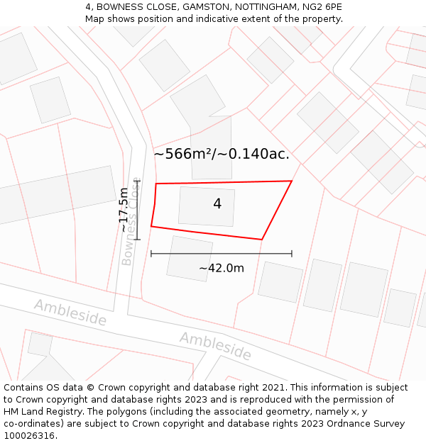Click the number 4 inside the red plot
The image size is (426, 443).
(x=217, y=204)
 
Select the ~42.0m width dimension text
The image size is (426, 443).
(x=221, y=268)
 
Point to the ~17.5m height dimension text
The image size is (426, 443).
(x=124, y=210)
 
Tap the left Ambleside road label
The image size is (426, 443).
(x=70, y=313)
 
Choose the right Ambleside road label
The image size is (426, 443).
(x=215, y=345)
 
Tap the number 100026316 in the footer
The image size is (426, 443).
(x=30, y=436)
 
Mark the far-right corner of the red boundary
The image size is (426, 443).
(x=292, y=181)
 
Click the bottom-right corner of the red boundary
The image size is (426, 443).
(x=262, y=240)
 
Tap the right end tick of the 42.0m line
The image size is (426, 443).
(x=292, y=253)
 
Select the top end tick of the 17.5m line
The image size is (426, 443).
(x=137, y=181)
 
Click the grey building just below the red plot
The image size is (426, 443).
(x=189, y=258)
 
